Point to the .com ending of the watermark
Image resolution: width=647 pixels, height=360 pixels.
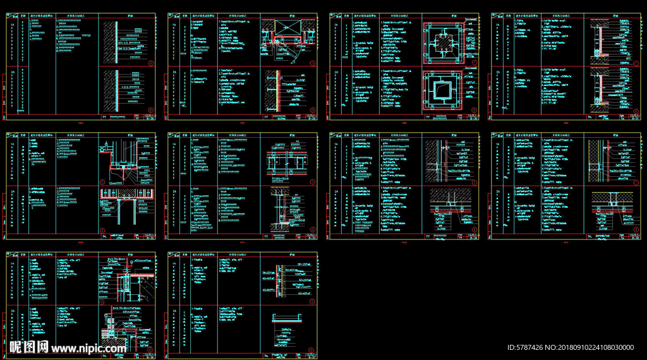click(x=114, y=348)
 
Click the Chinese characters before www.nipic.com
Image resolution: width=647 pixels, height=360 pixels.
click(x=28, y=347)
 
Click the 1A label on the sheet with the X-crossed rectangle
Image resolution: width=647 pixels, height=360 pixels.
click(x=173, y=24)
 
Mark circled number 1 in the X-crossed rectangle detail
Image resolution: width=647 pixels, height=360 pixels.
click(x=313, y=63)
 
